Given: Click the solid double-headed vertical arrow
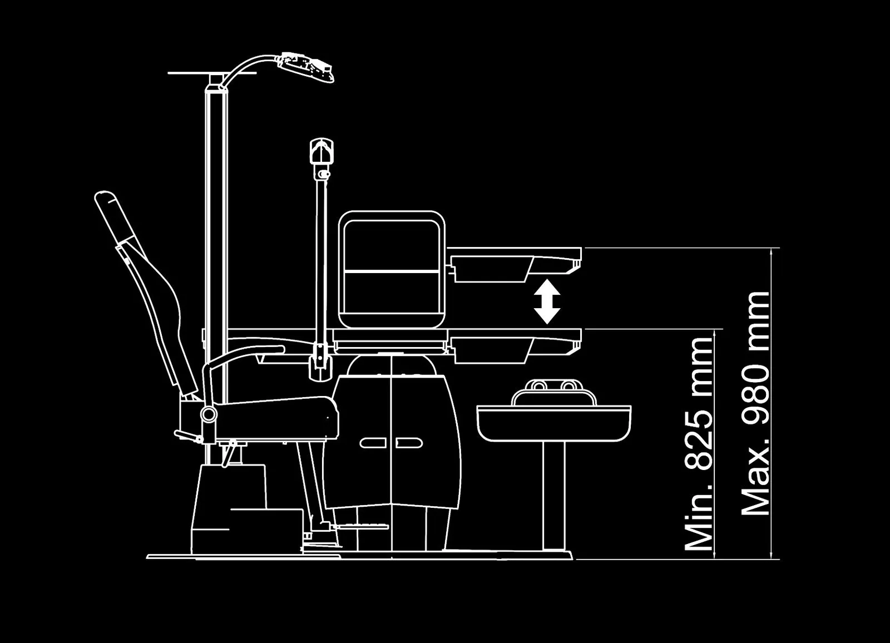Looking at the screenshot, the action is tap(547, 301).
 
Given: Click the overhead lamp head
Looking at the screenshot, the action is tap(306, 66).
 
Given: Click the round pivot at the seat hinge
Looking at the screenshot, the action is tap(209, 414).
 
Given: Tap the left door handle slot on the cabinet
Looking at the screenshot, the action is tap(373, 443).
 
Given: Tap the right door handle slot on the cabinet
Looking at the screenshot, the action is tap(409, 443).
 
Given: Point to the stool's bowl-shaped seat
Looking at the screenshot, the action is tap(553, 423).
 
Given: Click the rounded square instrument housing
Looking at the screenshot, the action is tap(392, 269).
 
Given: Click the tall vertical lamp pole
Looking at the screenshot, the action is tap(216, 278).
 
